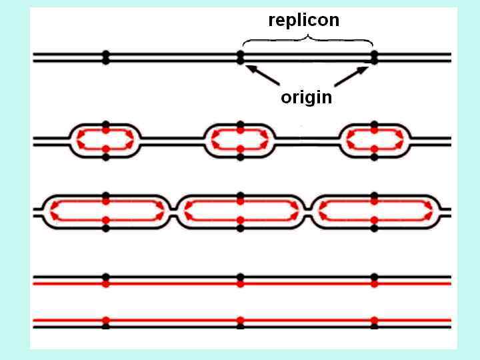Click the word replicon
[x=303, y=20]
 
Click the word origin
[x=306, y=97]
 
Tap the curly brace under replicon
[x=307, y=41]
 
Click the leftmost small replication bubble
[x=105, y=140]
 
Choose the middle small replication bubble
[x=240, y=140]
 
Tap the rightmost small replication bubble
[x=374, y=140]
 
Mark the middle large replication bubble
[x=240, y=211]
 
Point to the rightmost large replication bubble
[x=374, y=211]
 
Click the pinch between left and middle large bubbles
[x=173, y=211]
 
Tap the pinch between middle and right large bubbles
[x=307, y=211]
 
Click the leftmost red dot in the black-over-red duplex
[x=105, y=284]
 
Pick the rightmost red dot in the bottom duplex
[x=374, y=320]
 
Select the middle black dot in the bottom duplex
[x=240, y=327]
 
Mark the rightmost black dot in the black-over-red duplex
[x=374, y=277]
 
